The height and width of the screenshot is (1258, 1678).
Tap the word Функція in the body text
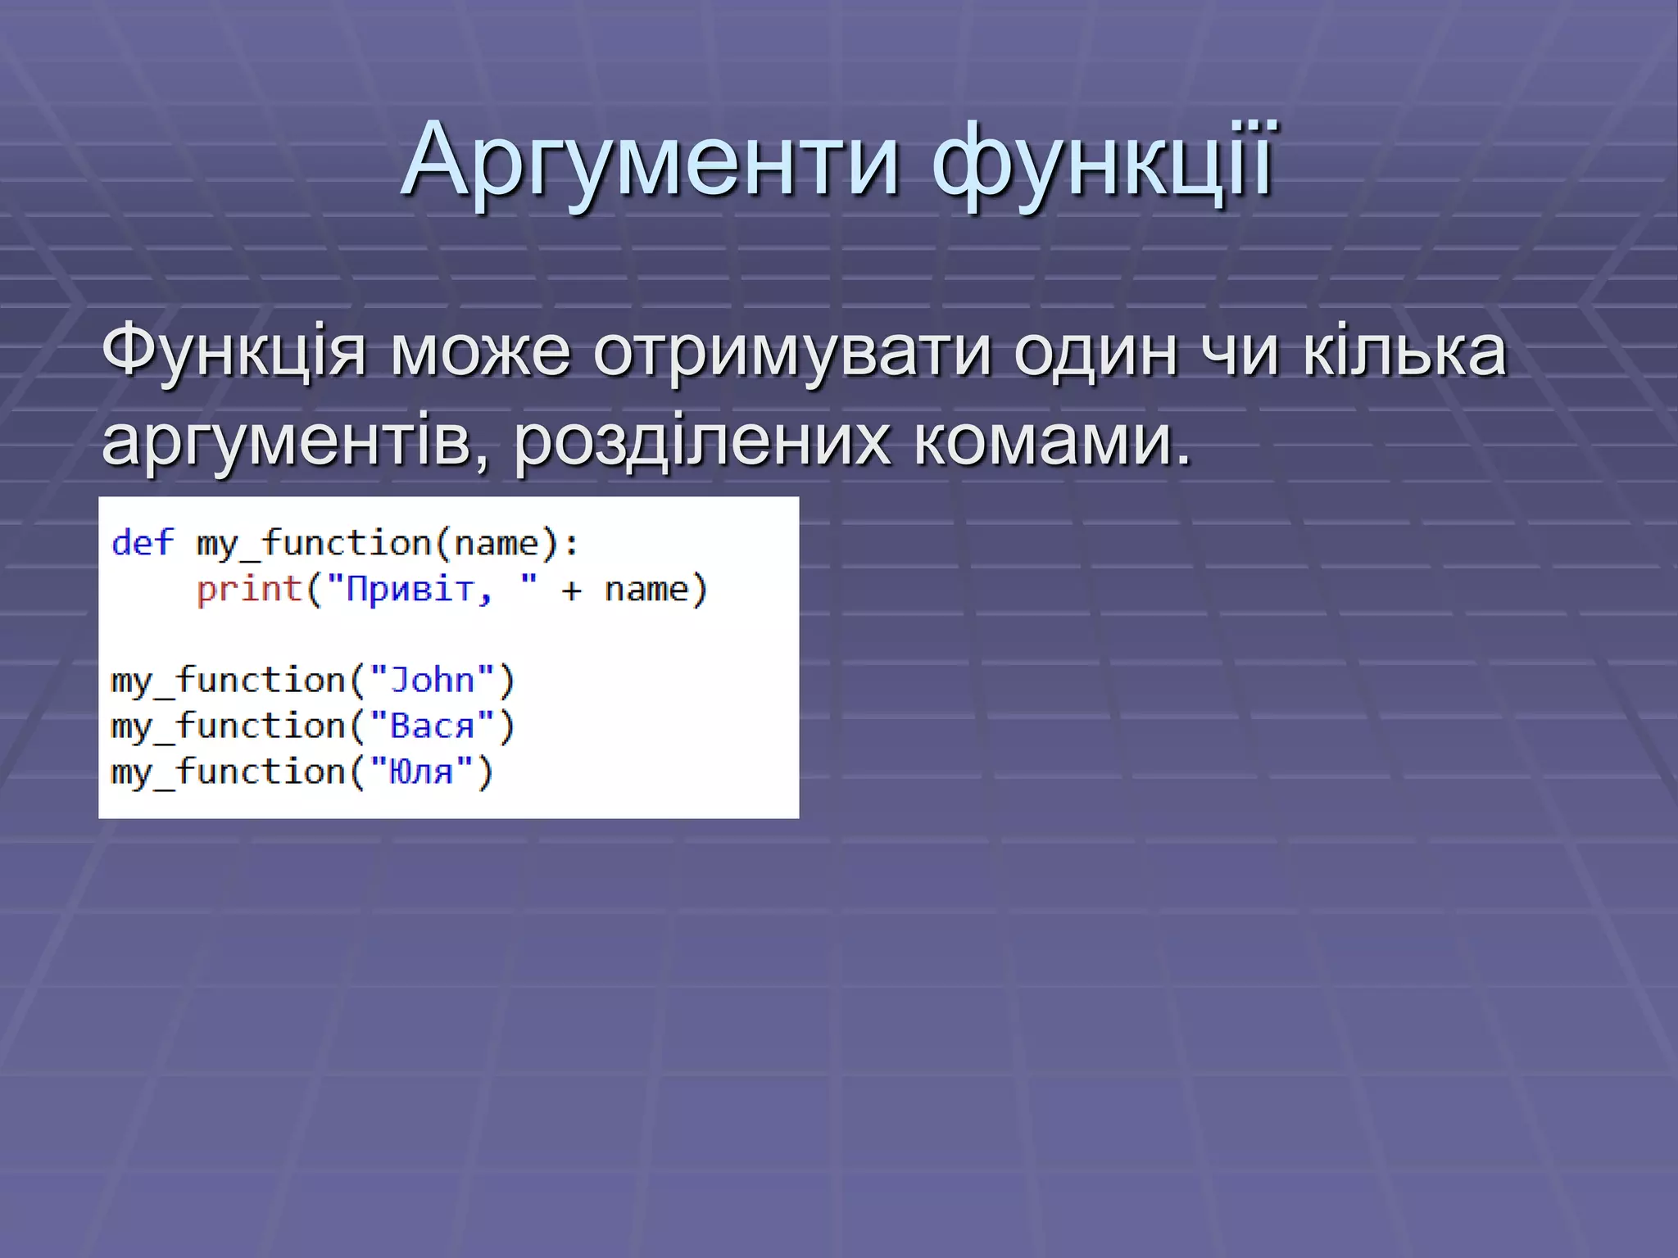pos(234,352)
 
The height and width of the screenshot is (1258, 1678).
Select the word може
pos(479,352)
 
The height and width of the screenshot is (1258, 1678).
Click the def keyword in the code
pos(143,543)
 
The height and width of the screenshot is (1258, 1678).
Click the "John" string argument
pos(432,681)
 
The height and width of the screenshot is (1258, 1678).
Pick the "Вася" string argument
pos(432,726)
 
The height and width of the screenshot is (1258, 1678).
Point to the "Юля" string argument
pos(421,772)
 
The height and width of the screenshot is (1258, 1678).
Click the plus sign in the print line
pos(571,591)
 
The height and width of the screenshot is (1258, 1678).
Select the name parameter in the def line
pos(496,543)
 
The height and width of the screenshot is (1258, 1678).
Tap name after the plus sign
pos(646,589)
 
